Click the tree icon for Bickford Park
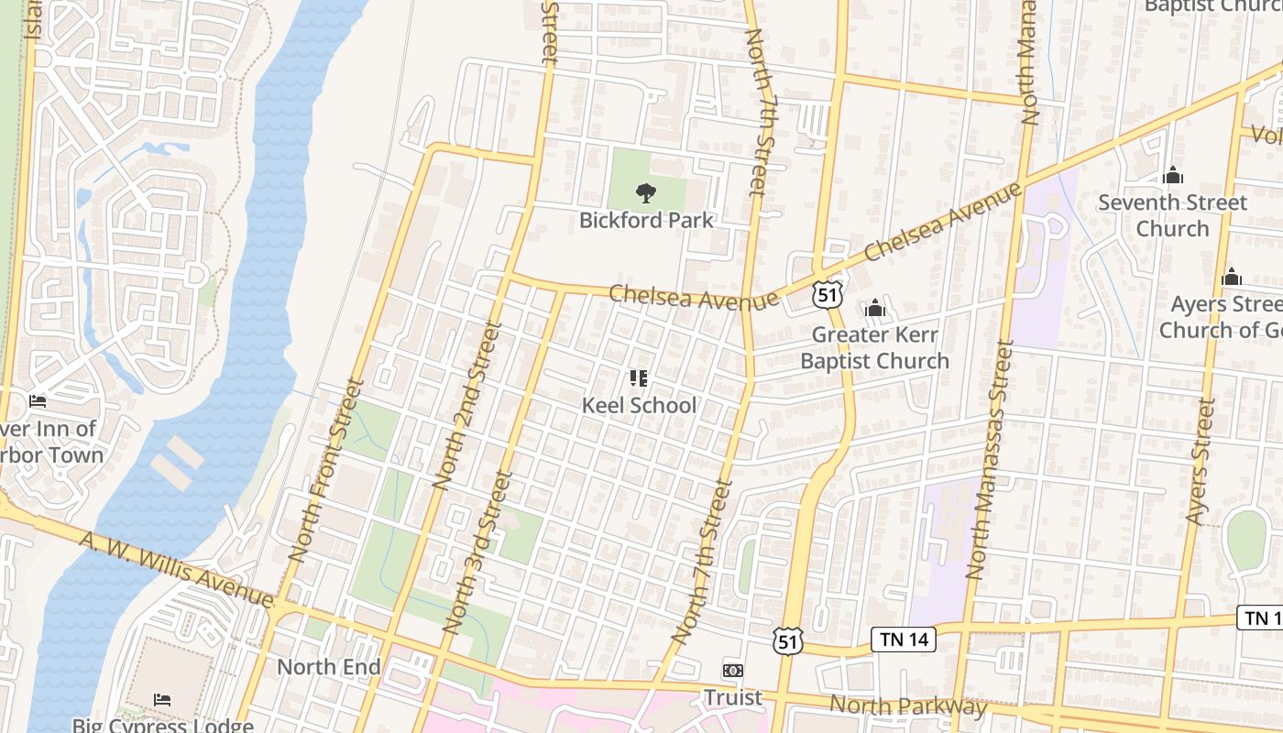(x=646, y=193)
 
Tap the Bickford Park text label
(x=646, y=221)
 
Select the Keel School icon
(x=639, y=378)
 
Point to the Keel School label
(x=639, y=405)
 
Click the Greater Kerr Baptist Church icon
(x=875, y=308)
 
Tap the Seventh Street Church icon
(x=1173, y=176)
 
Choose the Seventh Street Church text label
(x=1173, y=215)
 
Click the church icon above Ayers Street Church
(x=1232, y=277)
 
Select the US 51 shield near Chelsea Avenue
(x=827, y=295)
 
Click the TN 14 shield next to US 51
(x=903, y=640)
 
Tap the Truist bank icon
(x=732, y=671)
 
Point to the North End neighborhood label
(x=328, y=667)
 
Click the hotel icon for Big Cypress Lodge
(x=162, y=700)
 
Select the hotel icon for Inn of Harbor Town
(x=37, y=401)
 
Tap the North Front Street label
(x=320, y=471)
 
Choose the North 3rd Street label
(x=477, y=552)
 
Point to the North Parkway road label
(x=907, y=706)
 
